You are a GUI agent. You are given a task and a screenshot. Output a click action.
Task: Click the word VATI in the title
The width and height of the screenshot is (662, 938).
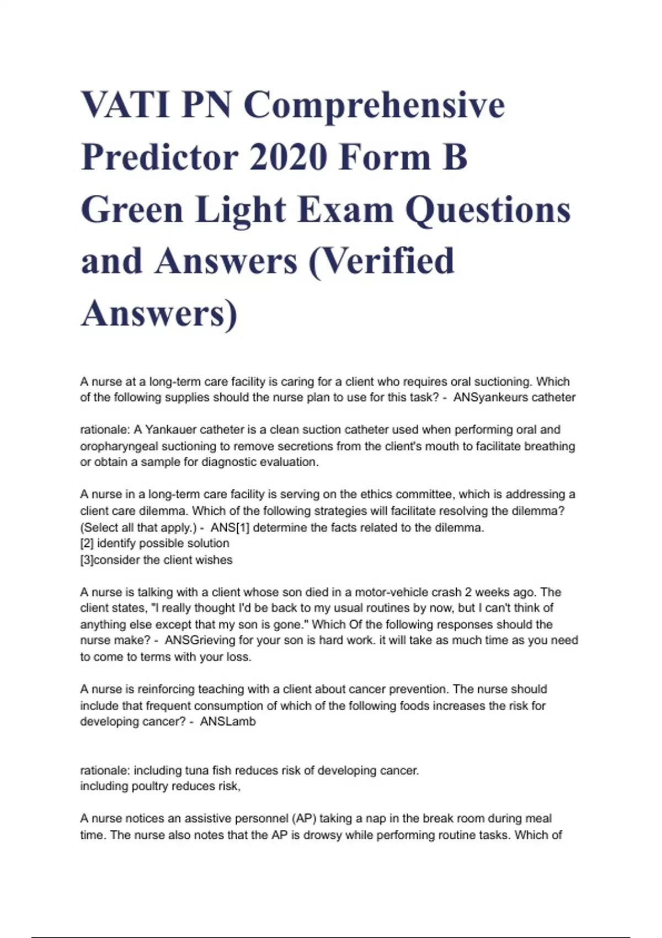[x=125, y=105]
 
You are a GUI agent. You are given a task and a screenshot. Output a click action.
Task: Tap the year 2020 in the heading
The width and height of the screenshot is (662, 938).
[x=287, y=157]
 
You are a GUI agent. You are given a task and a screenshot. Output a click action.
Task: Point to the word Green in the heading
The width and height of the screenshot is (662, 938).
[x=132, y=210]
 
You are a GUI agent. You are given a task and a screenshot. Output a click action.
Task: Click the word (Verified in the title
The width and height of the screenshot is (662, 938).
[x=382, y=261]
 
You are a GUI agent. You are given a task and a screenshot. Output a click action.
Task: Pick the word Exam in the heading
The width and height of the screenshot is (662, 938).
[x=344, y=210]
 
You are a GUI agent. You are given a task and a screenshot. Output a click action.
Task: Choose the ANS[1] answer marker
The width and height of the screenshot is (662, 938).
[x=230, y=527]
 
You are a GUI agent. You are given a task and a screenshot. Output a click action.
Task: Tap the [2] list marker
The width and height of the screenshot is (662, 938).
[x=87, y=543]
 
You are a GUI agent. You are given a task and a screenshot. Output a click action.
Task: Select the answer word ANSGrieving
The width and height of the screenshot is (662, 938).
[x=202, y=641]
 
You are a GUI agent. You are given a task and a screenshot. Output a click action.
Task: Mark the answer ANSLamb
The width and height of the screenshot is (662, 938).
[x=227, y=722]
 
